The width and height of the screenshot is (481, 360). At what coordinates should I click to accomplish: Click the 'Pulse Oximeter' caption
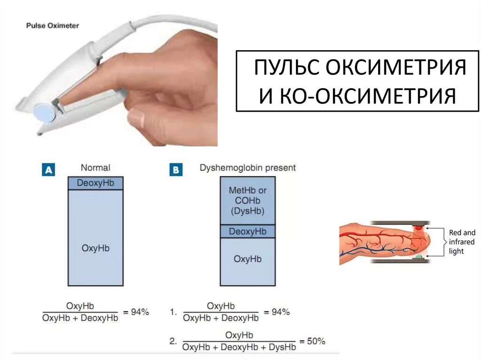coord(52,25)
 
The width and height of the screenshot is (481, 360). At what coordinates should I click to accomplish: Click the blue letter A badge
coord(48,169)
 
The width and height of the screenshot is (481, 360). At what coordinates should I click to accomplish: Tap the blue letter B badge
coord(175,169)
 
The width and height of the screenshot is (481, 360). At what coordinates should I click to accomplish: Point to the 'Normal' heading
coord(95,168)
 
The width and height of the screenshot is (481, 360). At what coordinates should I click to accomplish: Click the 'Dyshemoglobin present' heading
coord(248,168)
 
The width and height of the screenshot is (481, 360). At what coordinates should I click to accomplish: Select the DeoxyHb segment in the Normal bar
coord(95,183)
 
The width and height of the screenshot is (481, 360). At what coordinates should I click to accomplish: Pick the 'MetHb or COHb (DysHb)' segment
coord(247,200)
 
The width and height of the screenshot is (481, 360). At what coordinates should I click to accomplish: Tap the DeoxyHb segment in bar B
coord(247,231)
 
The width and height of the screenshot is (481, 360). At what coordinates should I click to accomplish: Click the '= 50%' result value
coord(312,341)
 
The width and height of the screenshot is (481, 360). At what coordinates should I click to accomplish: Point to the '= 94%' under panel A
coord(136,312)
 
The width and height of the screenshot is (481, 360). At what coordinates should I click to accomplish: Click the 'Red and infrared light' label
coord(462,242)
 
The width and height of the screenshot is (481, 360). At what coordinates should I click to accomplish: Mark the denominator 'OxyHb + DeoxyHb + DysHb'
coord(239,347)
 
